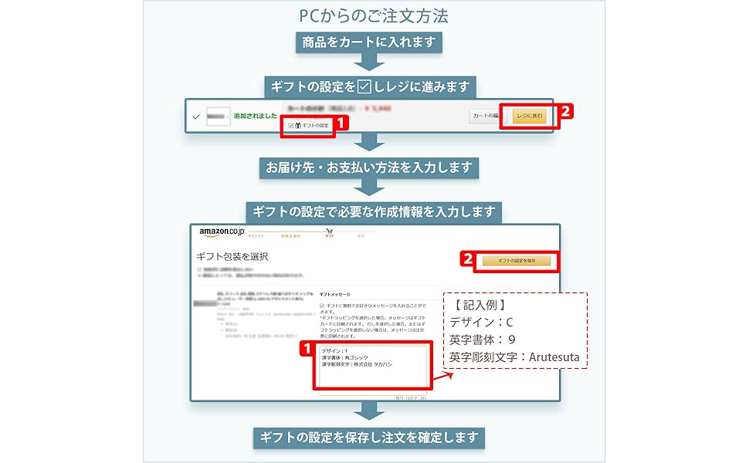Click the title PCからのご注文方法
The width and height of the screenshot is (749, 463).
click(374, 15)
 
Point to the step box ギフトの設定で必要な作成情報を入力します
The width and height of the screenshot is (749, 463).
click(374, 211)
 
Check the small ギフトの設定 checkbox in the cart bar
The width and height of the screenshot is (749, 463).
click(290, 125)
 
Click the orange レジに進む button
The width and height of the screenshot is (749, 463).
click(530, 117)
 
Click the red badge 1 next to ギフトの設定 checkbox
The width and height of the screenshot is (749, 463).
click(342, 122)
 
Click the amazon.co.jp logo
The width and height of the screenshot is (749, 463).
click(221, 231)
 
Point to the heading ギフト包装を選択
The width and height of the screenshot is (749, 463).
click(232, 256)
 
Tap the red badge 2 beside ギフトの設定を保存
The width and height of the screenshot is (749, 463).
click(467, 259)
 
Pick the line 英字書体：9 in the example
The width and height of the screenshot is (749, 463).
click(482, 340)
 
